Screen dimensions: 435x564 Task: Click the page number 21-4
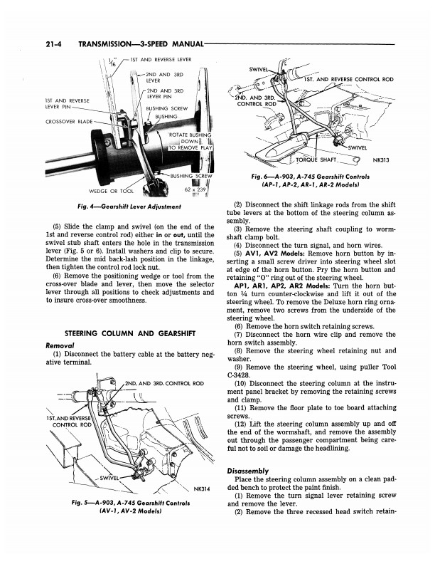54,44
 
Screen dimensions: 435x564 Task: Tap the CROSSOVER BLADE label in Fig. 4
69,122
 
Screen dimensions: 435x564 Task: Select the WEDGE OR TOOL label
111,191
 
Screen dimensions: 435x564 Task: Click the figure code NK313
381,160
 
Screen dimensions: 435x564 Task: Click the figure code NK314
201,489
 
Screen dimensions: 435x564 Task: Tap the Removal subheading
60,345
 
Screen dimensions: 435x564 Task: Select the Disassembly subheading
248,471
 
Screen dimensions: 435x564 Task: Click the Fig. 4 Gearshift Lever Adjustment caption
129,207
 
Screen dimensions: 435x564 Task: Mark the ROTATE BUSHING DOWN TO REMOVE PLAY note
190,142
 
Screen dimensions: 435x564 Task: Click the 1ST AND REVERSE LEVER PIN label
68,103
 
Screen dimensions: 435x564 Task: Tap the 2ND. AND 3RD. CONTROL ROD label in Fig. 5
164,383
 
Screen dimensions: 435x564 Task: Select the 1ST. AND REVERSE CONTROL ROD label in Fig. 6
349,80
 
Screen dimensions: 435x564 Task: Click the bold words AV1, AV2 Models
275,254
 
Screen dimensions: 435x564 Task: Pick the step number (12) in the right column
240,424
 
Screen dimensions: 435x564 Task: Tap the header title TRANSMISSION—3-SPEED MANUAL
141,44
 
